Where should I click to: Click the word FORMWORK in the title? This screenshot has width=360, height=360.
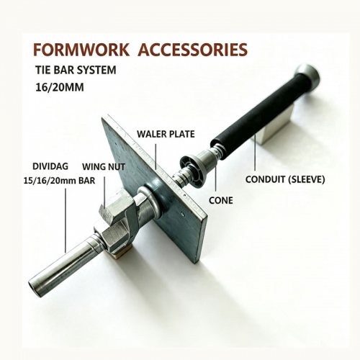[81, 50]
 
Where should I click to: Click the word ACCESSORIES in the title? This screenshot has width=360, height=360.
[193, 50]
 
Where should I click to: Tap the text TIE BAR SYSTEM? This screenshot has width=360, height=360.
[76, 70]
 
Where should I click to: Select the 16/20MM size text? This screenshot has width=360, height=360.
[60, 87]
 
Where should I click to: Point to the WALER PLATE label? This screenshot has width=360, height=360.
[166, 134]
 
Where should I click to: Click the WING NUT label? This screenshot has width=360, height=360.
[104, 166]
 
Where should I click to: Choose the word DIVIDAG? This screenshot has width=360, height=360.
[50, 166]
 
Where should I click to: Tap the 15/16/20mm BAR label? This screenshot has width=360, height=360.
[59, 181]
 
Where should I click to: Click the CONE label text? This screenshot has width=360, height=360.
[221, 200]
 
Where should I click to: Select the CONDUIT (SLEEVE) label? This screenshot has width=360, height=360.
[285, 179]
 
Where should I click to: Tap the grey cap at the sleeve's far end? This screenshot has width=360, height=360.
[307, 73]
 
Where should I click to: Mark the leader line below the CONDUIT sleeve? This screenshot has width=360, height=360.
[255, 153]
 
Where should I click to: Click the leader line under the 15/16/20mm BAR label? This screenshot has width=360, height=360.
[66, 220]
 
